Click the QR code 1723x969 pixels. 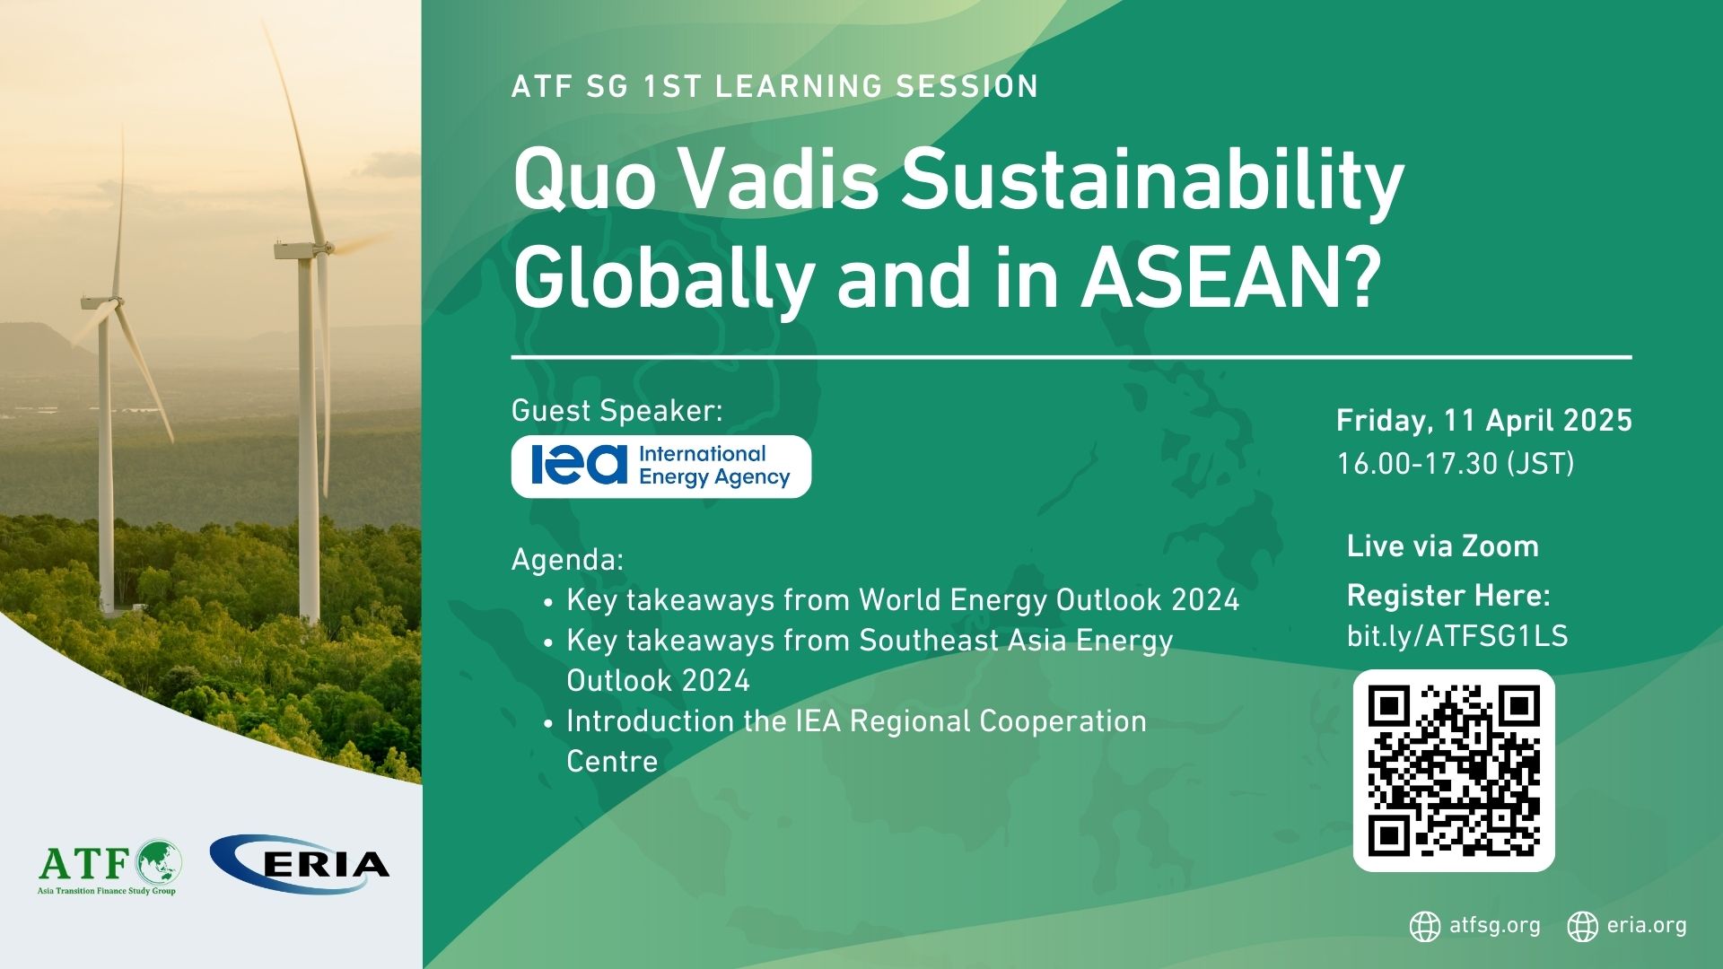click(x=1454, y=771)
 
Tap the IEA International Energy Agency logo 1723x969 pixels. click(x=661, y=467)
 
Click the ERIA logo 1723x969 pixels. click(x=300, y=864)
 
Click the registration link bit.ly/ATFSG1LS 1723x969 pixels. click(x=1457, y=636)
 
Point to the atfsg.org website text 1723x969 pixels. click(x=1495, y=925)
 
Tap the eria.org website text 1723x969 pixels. click(x=1647, y=925)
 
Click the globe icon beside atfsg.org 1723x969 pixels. click(x=1425, y=927)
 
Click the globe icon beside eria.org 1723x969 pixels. click(x=1583, y=927)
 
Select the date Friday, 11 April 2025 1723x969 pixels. click(x=1484, y=421)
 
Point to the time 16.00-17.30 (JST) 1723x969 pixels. click(x=1456, y=464)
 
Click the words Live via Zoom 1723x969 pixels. click(x=1443, y=546)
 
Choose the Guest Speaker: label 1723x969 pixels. click(x=617, y=411)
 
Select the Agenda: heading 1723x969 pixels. click(x=567, y=561)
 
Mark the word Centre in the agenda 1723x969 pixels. click(x=612, y=762)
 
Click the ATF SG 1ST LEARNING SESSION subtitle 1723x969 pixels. click(x=775, y=86)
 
